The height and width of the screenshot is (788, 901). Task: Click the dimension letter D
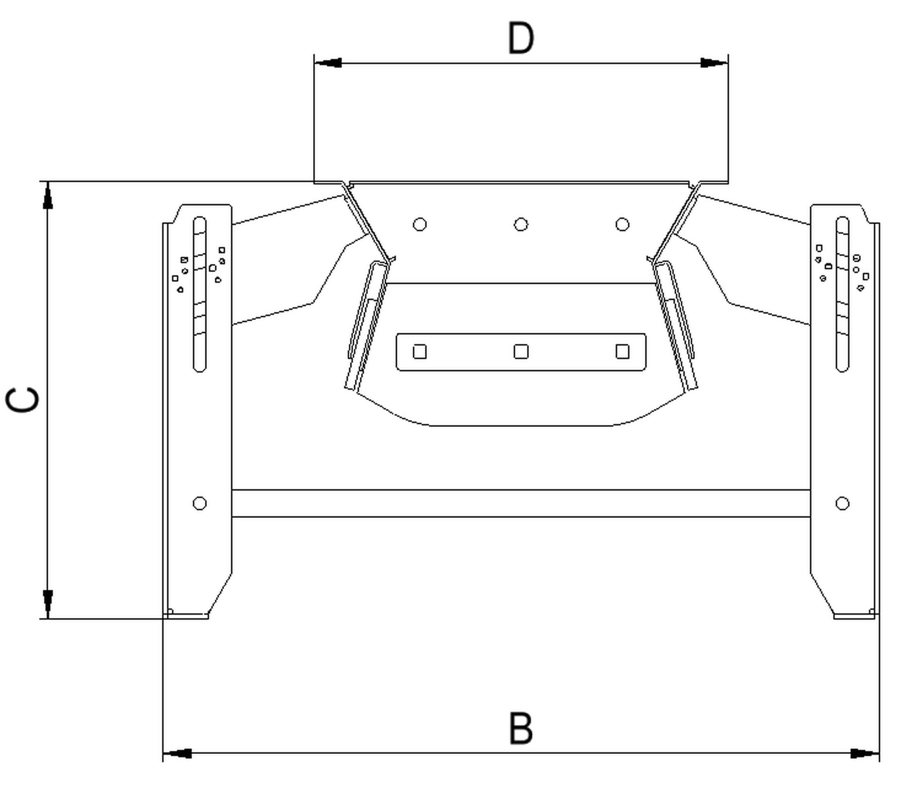click(x=521, y=39)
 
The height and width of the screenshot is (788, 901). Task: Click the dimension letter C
click(x=22, y=400)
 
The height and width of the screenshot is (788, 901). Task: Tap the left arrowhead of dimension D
click(x=328, y=63)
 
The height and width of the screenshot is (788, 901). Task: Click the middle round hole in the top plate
click(x=521, y=224)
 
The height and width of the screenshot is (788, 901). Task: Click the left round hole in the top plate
click(x=420, y=224)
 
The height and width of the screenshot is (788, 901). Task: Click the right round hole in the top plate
click(x=622, y=224)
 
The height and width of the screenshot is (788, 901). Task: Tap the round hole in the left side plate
click(x=200, y=503)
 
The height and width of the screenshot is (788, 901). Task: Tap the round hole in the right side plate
click(x=843, y=503)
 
